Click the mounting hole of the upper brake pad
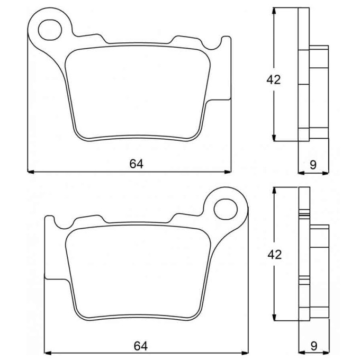point(50,30)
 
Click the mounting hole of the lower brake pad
point(226,209)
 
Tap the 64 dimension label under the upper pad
point(137,164)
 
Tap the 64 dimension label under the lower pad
point(140,346)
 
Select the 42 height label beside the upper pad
point(274,79)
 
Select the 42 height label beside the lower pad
point(275,255)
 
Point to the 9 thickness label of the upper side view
point(313,165)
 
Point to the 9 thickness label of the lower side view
point(314,346)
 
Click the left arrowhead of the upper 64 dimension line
point(31,172)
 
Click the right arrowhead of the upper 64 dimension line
point(228,172)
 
